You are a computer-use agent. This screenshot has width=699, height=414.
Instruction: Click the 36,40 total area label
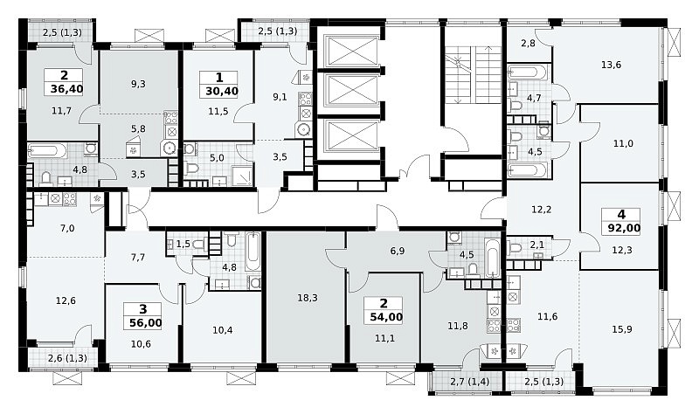point(66,89)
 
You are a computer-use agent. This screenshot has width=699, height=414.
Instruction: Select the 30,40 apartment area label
point(222,92)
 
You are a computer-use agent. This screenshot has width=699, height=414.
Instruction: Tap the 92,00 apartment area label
point(624,229)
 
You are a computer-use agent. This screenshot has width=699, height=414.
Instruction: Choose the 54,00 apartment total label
point(386,317)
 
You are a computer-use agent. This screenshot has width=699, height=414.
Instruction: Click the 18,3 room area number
point(308,298)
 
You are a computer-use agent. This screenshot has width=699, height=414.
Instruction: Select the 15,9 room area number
point(622,329)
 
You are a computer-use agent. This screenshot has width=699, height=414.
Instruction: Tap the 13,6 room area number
point(611,65)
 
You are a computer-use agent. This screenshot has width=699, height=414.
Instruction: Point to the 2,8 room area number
point(528,43)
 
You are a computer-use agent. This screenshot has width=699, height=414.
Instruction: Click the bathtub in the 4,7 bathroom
point(527,72)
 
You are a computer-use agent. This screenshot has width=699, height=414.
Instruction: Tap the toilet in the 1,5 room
point(199,244)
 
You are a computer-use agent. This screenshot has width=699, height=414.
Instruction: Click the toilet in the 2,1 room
point(516,248)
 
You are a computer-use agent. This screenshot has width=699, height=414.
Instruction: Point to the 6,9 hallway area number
point(398,251)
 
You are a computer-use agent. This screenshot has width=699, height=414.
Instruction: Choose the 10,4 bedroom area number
point(223,330)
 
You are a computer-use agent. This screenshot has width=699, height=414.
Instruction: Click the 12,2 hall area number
point(542,209)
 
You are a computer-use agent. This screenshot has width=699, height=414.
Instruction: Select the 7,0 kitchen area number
point(67,229)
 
